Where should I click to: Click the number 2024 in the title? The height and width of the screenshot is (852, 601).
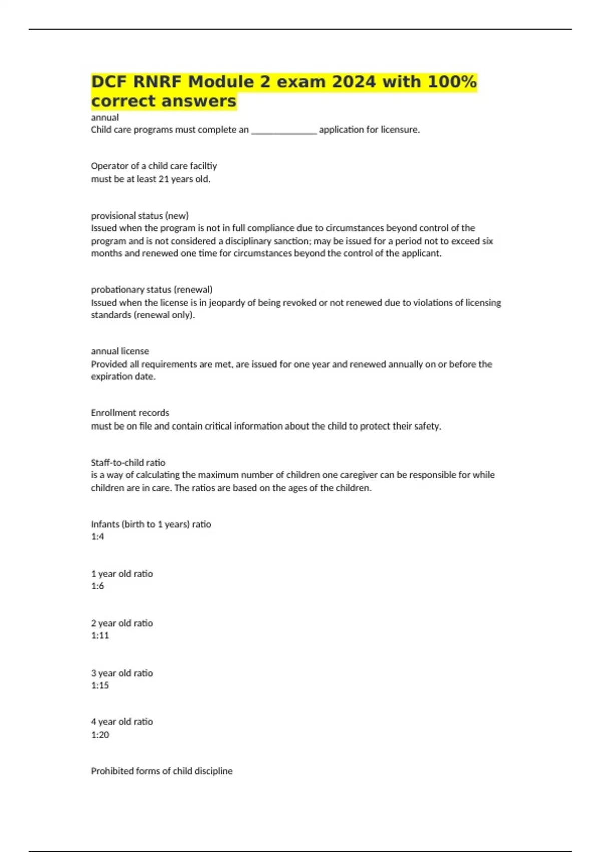point(353,81)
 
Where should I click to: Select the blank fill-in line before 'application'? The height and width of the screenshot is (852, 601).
point(283,130)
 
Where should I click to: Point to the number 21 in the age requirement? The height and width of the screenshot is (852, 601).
point(163,179)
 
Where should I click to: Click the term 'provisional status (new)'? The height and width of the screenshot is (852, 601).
point(140,216)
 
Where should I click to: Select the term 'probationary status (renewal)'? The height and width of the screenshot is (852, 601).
point(152,290)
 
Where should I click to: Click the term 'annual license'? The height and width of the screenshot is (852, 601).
point(120,351)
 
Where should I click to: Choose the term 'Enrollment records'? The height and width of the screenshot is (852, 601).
point(130,413)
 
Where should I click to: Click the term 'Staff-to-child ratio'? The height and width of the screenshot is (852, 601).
point(128,462)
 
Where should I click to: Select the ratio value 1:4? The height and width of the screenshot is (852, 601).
point(97,537)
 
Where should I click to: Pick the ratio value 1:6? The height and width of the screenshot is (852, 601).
point(97,586)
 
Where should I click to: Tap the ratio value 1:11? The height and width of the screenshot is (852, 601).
point(100,635)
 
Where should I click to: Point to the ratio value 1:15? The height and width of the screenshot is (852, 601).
point(100,685)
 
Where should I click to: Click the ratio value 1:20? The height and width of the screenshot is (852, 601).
point(100,735)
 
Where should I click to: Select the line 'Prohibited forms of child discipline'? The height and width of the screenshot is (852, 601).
point(162,771)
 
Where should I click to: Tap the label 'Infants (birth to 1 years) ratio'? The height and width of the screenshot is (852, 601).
point(151,524)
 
